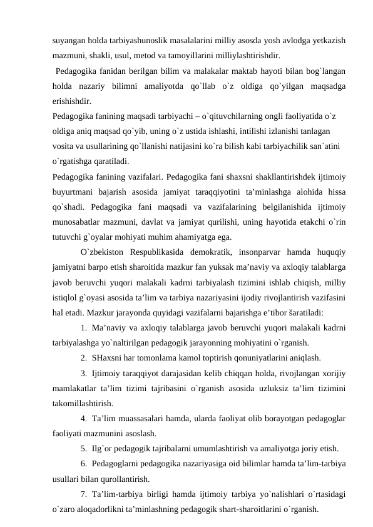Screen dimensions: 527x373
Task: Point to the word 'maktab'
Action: click(237, 71)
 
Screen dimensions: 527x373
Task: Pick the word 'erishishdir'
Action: click(71, 101)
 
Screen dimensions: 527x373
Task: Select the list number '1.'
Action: click(84, 328)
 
